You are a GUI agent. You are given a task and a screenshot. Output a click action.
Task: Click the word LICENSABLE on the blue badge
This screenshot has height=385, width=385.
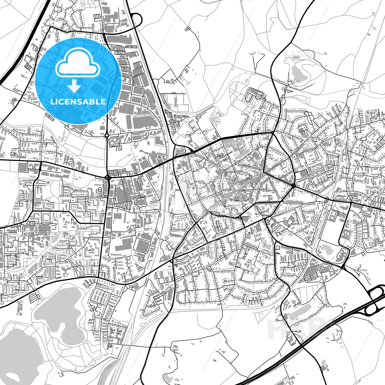point(78,102)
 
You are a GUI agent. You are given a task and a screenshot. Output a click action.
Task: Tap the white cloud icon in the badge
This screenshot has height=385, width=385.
point(78,64)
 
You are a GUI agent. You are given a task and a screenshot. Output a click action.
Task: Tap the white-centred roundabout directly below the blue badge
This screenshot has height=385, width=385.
point(107,135)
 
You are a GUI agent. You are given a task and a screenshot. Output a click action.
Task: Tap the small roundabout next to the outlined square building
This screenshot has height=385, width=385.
point(40,170)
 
